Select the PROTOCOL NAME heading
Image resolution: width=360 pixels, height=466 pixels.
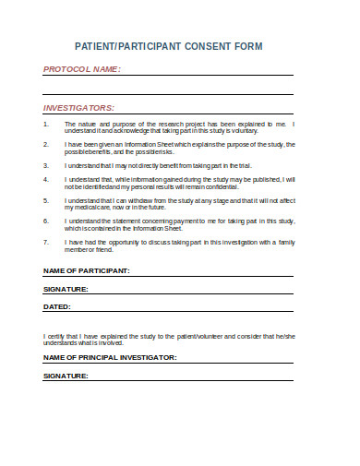82,69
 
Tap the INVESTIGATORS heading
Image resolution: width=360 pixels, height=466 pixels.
79,107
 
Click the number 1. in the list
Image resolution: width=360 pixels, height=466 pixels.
47,123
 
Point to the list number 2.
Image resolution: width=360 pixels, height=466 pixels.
47,144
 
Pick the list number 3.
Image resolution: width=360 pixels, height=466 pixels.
47,164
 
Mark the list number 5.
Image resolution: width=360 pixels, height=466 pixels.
47,199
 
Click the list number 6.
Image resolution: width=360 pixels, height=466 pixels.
47,221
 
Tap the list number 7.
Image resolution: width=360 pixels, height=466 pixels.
47,242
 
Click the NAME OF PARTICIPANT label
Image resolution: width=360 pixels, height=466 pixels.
87,270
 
